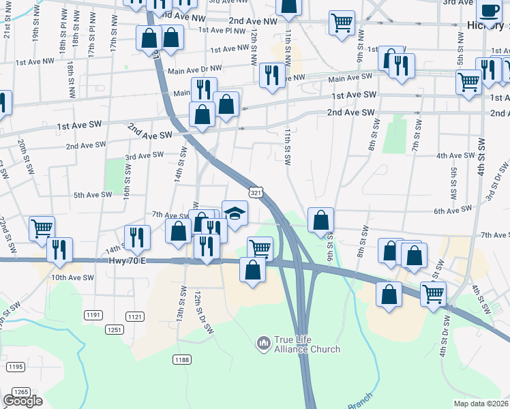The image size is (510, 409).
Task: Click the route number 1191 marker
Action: [93, 315]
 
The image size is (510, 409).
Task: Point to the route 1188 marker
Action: [181, 359]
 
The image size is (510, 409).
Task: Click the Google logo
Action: [22, 401]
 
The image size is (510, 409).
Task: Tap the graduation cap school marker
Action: [235, 213]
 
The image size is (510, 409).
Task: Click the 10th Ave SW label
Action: [72, 277]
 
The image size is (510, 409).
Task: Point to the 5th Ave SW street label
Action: [93, 195]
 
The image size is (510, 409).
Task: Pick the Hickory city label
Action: [486, 25]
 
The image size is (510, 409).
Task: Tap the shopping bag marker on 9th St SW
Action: [320, 220]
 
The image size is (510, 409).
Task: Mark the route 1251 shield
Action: [113, 330]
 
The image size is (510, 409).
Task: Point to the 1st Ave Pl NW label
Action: [221, 30]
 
